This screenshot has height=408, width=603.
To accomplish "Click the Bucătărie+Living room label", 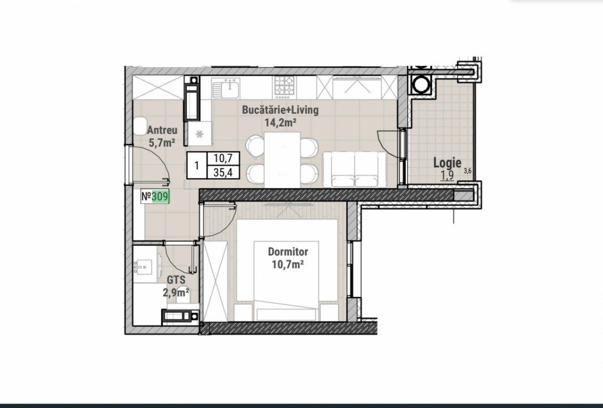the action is [280, 110].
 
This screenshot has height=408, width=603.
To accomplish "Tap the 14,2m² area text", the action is [281, 123].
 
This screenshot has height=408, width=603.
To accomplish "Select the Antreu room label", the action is [162, 130].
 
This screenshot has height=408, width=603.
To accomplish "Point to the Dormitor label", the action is [288, 252].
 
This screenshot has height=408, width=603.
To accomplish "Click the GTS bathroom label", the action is [176, 280].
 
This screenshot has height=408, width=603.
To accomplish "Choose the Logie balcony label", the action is [447, 163].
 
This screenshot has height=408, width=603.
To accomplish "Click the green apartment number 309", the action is [160, 197].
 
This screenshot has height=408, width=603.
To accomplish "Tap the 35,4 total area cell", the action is [223, 172].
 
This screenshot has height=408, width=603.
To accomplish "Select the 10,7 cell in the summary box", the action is [223, 158].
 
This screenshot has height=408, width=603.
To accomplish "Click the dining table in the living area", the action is [283, 159].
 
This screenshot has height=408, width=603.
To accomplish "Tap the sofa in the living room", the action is [355, 169].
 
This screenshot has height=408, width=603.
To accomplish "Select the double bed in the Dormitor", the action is [287, 270].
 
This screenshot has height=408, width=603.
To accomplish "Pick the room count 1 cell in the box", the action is [197, 165].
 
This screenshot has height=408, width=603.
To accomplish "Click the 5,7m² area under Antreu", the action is [162, 143].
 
